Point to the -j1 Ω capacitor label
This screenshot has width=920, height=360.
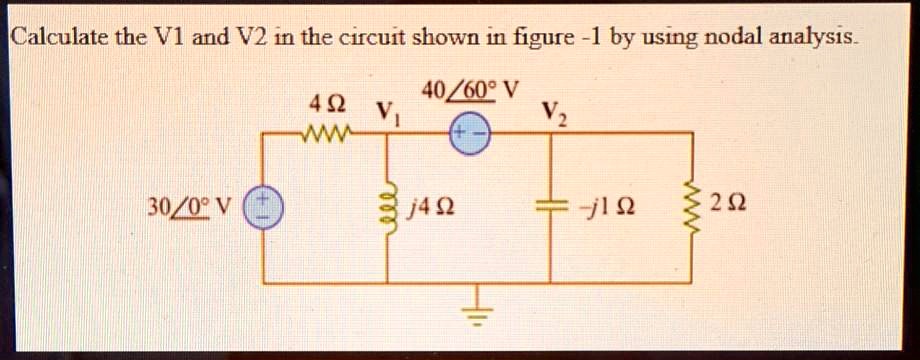click(613, 209)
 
